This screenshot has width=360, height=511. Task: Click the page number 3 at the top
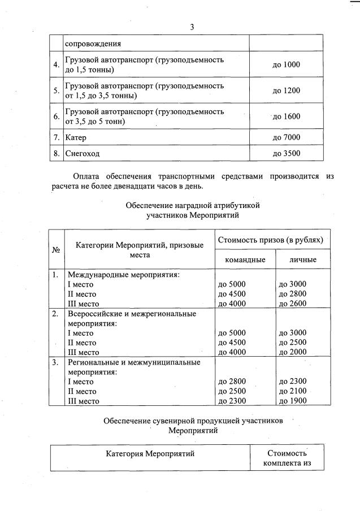pyautogui.click(x=192, y=27)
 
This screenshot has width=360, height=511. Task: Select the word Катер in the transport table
pyautogui.click(x=76, y=137)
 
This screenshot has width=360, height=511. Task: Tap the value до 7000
pyautogui.click(x=286, y=137)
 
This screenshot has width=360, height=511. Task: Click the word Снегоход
pyautogui.click(x=82, y=153)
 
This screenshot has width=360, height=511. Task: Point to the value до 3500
pyautogui.click(x=286, y=153)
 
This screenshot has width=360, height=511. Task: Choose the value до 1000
pyautogui.click(x=286, y=65)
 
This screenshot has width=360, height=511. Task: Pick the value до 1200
pyautogui.click(x=286, y=90)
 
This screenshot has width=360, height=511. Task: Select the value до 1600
pyautogui.click(x=286, y=116)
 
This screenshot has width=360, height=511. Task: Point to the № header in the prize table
pyautogui.click(x=56, y=250)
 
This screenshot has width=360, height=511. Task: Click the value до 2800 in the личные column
pyautogui.click(x=292, y=294)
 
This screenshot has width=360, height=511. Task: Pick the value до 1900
pyautogui.click(x=292, y=401)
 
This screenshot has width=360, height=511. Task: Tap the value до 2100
pyautogui.click(x=292, y=391)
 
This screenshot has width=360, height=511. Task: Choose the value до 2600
pyautogui.click(x=292, y=304)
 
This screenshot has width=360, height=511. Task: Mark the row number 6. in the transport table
pyautogui.click(x=56, y=116)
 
